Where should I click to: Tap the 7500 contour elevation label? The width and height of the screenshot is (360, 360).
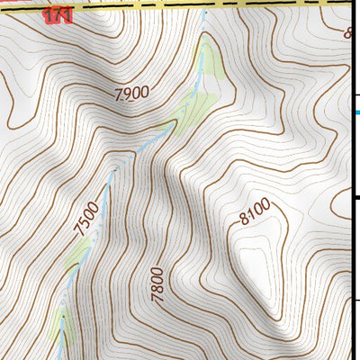(x=85, y=220)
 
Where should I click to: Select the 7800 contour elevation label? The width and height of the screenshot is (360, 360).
(x=158, y=283)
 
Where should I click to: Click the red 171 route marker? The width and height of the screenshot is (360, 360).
(x=58, y=15)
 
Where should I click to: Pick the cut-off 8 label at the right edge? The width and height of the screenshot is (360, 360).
(x=348, y=34)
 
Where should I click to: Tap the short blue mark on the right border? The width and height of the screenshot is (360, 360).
(x=355, y=112)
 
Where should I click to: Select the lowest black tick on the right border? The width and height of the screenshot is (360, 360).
(x=355, y=301)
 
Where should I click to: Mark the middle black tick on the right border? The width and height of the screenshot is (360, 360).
(x=355, y=198)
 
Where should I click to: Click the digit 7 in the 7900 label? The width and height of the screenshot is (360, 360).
(x=119, y=94)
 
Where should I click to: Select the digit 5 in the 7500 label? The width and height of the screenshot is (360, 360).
(x=84, y=223)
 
